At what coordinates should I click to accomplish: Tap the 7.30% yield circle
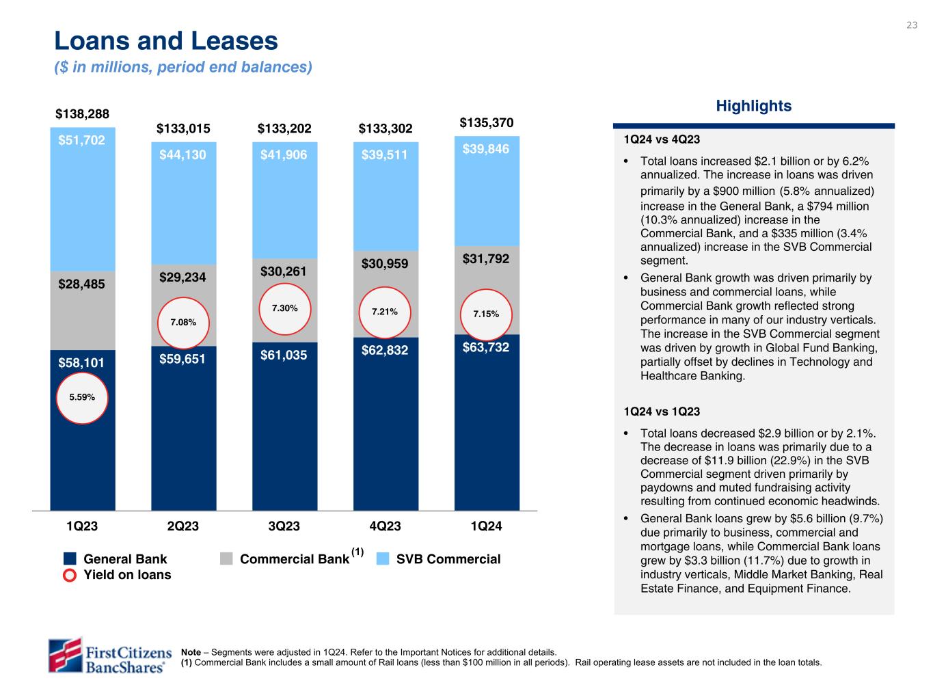click(x=284, y=308)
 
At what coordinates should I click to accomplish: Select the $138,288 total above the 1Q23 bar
click(x=82, y=113)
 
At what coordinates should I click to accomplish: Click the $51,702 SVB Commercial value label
click(x=82, y=140)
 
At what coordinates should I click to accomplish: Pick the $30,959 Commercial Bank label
click(x=385, y=264)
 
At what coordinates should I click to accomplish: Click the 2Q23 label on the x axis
click(x=183, y=526)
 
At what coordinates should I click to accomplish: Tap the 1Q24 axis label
click(x=486, y=526)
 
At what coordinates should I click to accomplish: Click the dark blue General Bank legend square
click(x=70, y=559)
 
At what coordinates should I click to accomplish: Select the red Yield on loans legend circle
click(x=70, y=575)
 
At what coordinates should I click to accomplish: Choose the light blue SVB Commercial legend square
click(x=383, y=559)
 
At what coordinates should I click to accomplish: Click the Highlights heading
click(x=753, y=106)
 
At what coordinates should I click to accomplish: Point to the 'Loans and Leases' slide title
click(x=166, y=42)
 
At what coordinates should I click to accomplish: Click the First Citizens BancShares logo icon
click(x=65, y=654)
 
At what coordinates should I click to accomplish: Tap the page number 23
click(x=912, y=25)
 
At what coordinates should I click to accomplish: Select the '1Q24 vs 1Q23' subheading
click(x=661, y=412)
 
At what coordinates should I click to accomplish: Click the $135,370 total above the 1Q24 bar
click(x=486, y=123)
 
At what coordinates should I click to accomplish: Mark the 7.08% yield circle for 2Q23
click(x=183, y=322)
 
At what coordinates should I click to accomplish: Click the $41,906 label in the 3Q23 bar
click(x=284, y=155)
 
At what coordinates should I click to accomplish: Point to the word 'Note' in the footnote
click(x=191, y=652)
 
